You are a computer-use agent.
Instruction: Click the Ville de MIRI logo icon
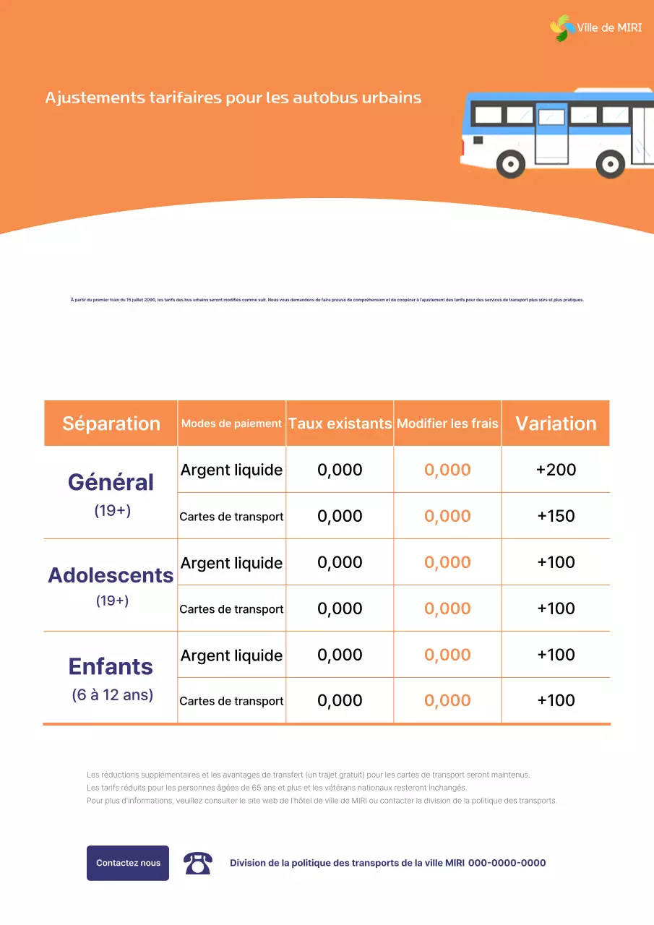coord(562,28)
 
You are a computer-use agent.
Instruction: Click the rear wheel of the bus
coord(611,164)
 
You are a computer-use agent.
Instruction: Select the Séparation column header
coord(111,423)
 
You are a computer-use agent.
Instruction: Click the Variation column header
coord(556,423)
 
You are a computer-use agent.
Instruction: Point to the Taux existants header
coord(340,423)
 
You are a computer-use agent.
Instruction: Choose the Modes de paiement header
coord(231,423)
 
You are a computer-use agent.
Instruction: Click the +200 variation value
coord(556,470)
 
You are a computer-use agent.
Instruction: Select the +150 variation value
coord(556,516)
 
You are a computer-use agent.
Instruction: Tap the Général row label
coord(111,482)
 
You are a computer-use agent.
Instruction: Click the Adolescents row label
coord(111,575)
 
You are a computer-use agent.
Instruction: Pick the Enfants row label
coord(111,666)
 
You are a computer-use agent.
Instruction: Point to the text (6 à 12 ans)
coord(112,695)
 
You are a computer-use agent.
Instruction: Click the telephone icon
coord(197,863)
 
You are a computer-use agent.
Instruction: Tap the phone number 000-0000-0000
coord(507,863)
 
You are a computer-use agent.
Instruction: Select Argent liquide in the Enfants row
coord(231,655)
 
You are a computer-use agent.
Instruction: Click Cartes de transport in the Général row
coord(231,517)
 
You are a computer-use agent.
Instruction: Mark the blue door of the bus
coord(552,133)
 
